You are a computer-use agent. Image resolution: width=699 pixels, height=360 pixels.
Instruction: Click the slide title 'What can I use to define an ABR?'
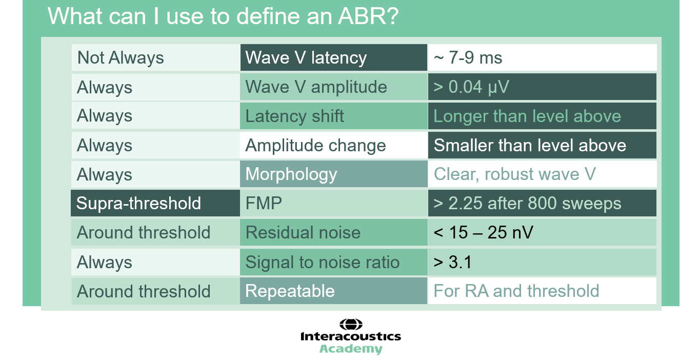[223, 16]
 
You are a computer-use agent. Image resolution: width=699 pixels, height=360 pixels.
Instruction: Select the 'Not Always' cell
[156, 57]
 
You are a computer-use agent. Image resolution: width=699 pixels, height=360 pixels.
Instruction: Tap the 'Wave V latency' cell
[333, 57]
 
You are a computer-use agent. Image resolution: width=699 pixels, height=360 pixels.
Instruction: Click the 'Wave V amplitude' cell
[333, 87]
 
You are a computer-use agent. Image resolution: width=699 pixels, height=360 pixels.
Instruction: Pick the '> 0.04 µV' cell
[542, 87]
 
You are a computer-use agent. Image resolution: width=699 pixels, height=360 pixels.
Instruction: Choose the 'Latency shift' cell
[333, 116]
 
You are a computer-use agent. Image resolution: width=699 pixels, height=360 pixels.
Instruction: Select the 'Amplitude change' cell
[333, 145]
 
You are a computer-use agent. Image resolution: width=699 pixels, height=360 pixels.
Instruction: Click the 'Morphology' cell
[333, 174]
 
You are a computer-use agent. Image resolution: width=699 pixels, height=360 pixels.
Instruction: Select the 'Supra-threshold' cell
[155, 203]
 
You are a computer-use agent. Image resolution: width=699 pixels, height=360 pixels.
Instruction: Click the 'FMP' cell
[333, 203]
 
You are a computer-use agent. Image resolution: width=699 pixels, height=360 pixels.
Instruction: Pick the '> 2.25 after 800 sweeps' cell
[542, 203]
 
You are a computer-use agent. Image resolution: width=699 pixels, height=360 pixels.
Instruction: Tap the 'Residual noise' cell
[333, 232]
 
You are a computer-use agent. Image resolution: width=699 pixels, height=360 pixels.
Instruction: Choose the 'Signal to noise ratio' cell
[333, 262]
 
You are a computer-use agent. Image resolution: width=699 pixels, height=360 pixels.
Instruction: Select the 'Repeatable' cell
[333, 291]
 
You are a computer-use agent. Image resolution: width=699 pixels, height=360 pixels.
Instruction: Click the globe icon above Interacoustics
[351, 325]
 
